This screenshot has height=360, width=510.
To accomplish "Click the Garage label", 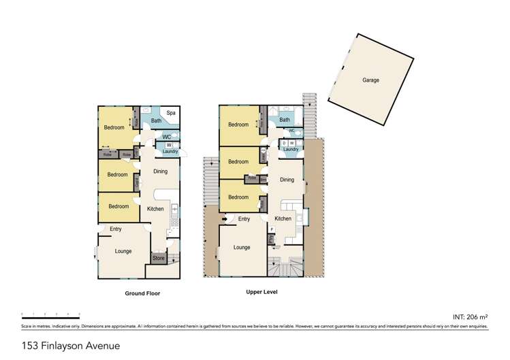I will [x=370, y=80].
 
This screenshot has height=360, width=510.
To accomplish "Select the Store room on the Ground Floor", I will [x=158, y=258].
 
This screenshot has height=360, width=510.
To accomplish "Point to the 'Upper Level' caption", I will [x=261, y=291].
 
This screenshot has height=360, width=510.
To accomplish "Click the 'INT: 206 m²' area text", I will [x=471, y=317].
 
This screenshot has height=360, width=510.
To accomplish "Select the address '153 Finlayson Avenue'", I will [x=54, y=345].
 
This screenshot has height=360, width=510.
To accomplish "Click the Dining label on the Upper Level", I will [x=287, y=180].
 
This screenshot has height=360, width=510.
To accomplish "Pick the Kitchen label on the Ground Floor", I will [x=156, y=209].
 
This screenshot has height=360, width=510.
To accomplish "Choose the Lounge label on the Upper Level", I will [x=242, y=247].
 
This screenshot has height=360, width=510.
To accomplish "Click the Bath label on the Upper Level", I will [x=284, y=120].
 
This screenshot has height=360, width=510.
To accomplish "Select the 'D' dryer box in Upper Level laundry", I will [x=284, y=142].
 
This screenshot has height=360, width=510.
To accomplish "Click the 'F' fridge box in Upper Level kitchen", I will [x=272, y=229].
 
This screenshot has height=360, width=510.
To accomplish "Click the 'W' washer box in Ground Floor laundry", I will [x=168, y=145].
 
